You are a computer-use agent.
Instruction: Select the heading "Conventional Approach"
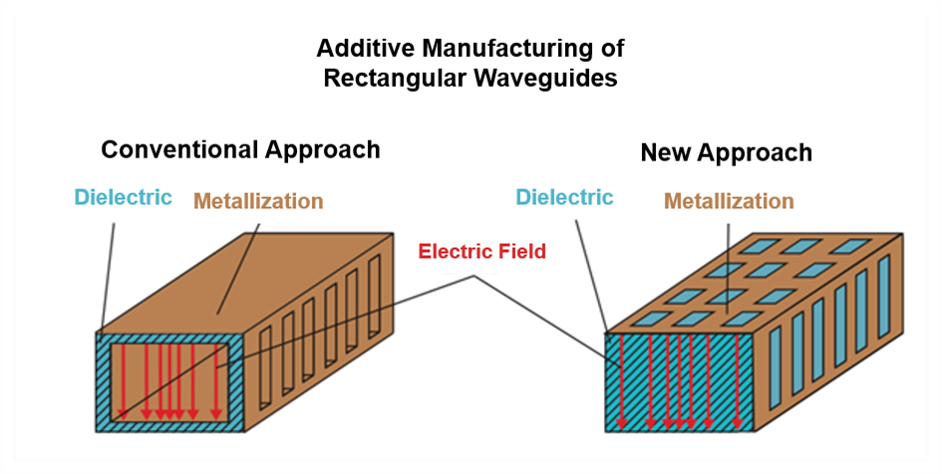point(240,150)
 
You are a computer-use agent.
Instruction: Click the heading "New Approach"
point(727,153)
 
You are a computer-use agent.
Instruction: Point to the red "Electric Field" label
point(481,251)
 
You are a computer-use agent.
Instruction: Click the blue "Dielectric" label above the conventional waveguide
point(124,197)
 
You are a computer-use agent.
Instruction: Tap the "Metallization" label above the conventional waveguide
point(259,201)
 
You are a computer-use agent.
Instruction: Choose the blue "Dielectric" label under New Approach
point(565,197)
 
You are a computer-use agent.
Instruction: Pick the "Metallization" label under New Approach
point(729,201)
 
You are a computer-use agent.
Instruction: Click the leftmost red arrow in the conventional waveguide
point(123,381)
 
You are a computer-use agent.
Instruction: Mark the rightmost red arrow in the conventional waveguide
point(215,381)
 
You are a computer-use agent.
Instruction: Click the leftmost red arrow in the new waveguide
point(621,382)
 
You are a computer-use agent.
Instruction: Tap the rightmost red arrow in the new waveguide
point(737,382)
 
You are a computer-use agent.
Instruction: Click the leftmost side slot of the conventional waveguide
point(265,368)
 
